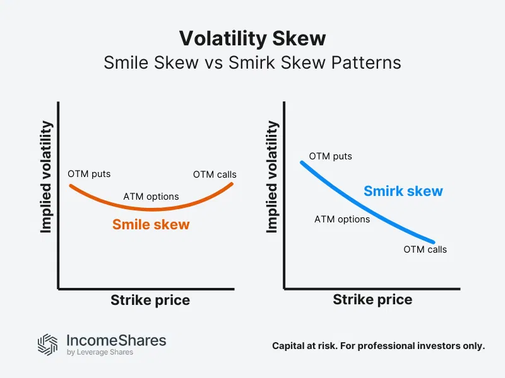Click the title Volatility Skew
coord(252,39)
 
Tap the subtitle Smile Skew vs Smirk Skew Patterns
coord(252,63)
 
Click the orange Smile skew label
coord(151,224)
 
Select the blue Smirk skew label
coord(403,191)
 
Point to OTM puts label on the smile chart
coord(89,175)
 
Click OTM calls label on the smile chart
coord(215,175)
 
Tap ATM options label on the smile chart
coord(151,197)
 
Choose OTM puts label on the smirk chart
coord(330,156)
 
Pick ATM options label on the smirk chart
coord(342,219)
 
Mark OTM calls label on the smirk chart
coord(425,249)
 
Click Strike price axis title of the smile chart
coord(150,301)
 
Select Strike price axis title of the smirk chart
coord(372,301)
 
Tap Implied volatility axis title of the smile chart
coord(46,177)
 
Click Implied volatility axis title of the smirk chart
coord(272,177)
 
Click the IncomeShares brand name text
coord(116,341)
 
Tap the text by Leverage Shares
coord(100,353)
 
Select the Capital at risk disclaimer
coord(378,346)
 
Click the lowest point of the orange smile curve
coord(151,209)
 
